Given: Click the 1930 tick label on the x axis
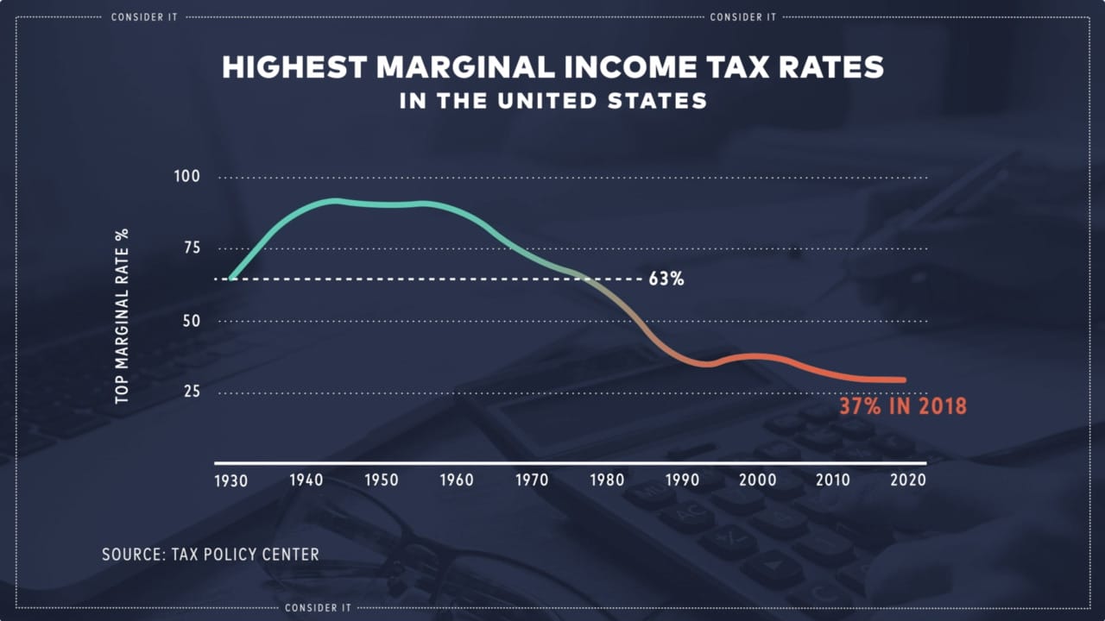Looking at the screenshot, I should [231, 480].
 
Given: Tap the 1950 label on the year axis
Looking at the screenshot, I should [381, 480].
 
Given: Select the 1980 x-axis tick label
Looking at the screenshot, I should [608, 480].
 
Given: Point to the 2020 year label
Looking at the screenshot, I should [908, 480].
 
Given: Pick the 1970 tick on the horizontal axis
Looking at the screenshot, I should [532, 480].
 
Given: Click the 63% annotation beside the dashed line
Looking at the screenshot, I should [666, 279].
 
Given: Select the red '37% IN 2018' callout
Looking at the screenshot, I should [903, 406].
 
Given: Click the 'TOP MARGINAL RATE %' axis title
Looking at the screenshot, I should [122, 317].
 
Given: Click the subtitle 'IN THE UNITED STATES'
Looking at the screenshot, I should [553, 101].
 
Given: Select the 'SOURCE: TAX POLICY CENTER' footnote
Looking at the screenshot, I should [211, 554].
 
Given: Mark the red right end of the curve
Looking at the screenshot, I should [903, 379].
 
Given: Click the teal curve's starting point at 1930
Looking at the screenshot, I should [231, 279].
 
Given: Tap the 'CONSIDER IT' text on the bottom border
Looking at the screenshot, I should [319, 608].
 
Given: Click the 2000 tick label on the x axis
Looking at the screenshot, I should [758, 480].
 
